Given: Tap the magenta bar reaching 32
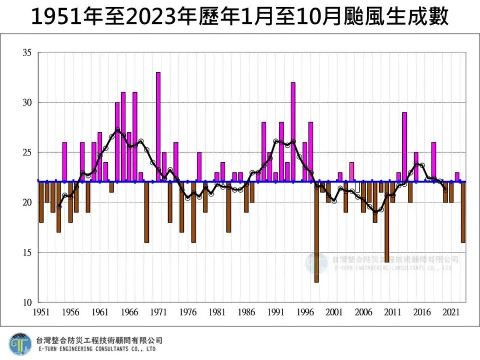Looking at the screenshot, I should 293,131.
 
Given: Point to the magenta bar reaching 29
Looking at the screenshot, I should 404,147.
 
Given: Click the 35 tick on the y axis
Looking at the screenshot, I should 27,53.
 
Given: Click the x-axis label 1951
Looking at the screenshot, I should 41,313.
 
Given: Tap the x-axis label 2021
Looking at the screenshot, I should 451,313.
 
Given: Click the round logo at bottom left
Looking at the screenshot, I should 20,344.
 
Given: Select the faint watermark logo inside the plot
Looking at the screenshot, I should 317,263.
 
